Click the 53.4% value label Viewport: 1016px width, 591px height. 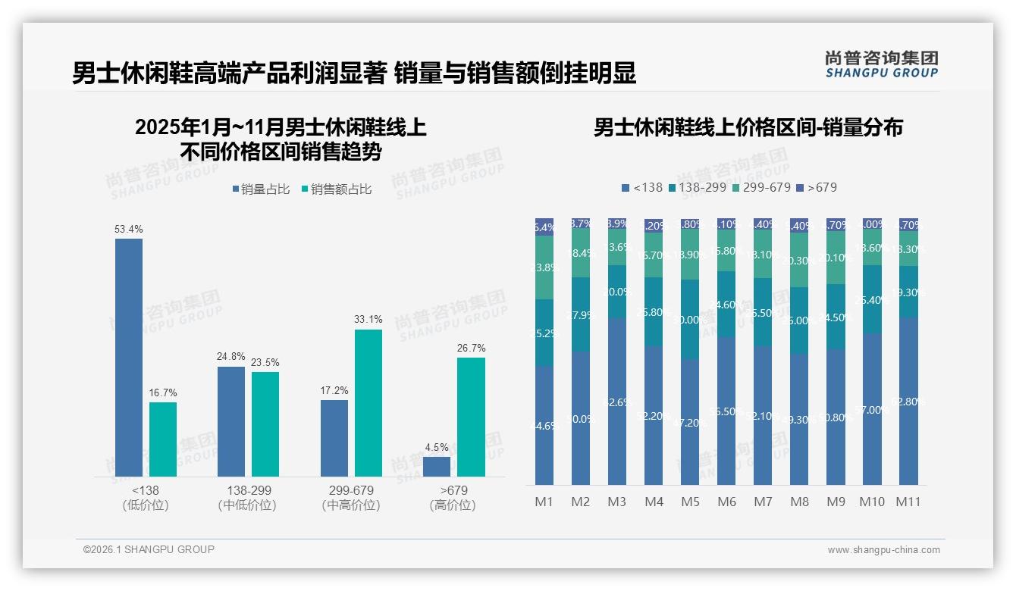(129, 229)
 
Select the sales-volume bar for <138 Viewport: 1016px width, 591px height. (129, 357)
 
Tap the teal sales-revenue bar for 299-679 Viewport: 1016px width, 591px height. (368, 402)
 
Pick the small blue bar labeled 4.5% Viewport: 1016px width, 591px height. (437, 467)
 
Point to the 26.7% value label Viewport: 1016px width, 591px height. (472, 348)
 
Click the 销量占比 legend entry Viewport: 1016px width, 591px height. (261, 189)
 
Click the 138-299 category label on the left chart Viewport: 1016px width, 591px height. (247, 490)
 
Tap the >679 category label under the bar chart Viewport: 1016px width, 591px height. (453, 490)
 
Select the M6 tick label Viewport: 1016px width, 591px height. (726, 502)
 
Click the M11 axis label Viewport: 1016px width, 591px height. (908, 502)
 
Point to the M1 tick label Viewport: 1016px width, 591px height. (544, 502)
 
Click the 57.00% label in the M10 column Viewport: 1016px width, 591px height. (872, 410)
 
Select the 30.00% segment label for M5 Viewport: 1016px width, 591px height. (690, 320)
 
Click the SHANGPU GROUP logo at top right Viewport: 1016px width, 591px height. (881, 64)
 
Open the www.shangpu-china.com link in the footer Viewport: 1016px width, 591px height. (883, 550)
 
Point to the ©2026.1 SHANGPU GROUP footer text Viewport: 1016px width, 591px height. (149, 549)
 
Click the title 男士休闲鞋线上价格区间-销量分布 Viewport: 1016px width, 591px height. (748, 127)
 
